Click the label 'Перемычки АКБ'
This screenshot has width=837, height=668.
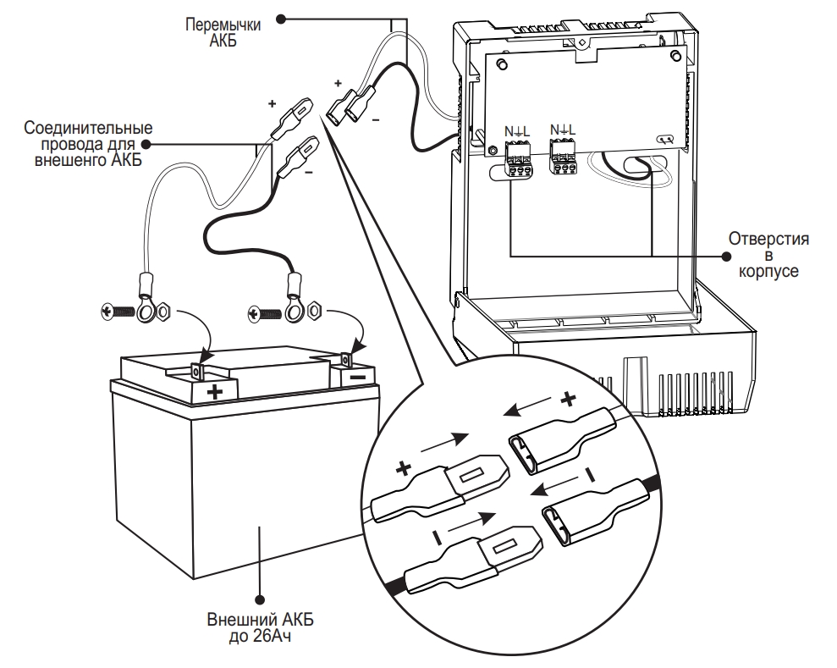tap(223, 32)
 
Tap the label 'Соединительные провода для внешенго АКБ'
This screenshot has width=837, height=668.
tap(88, 144)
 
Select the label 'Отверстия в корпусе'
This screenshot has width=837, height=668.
tap(768, 254)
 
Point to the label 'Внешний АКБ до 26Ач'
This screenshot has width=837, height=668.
tap(261, 628)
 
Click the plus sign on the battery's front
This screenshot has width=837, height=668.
tap(215, 393)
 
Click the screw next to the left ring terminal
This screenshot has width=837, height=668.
tap(118, 312)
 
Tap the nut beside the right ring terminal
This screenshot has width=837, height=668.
tap(316, 312)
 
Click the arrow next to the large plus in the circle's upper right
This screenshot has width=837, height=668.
tap(528, 406)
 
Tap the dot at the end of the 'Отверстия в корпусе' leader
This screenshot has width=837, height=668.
tap(726, 257)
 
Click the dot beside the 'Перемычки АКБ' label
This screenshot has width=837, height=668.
tap(281, 19)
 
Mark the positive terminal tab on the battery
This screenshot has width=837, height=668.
tap(197, 371)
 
